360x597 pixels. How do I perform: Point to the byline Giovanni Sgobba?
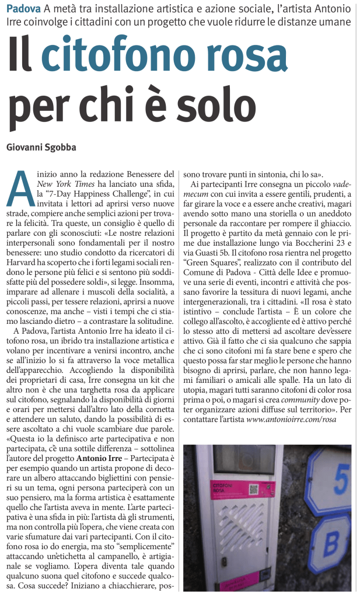(x=41, y=147)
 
